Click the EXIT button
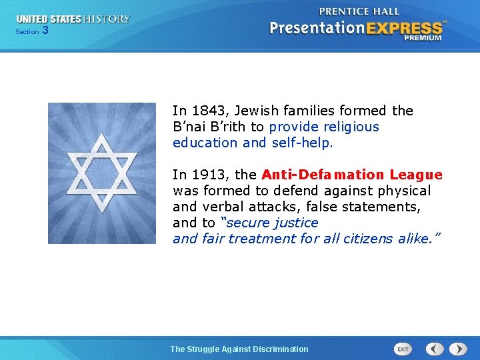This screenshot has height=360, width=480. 403,349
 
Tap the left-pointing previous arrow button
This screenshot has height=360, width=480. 435,349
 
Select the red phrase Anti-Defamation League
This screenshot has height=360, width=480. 352,175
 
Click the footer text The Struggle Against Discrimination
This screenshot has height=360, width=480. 239,349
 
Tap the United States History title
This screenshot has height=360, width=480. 73,19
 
